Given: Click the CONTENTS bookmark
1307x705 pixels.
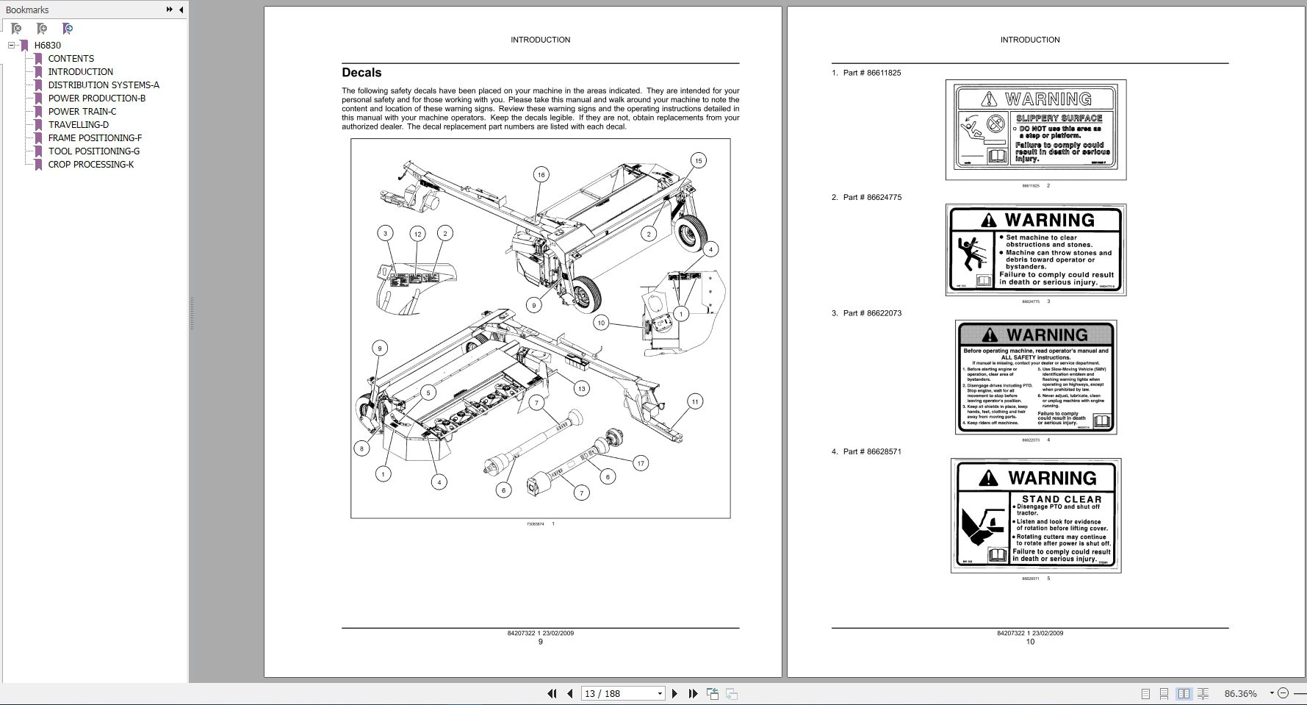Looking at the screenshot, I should [x=71, y=59].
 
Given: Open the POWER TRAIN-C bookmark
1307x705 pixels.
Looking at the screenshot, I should [x=82, y=112].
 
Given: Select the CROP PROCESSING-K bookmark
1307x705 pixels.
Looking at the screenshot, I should [x=90, y=165].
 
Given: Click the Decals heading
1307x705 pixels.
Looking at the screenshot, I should [x=361, y=73].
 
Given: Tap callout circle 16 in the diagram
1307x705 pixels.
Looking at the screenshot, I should [x=541, y=174].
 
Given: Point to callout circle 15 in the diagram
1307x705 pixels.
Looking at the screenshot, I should [x=698, y=160].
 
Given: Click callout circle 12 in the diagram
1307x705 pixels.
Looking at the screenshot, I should [x=417, y=234].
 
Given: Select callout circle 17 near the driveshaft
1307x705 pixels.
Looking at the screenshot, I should [x=641, y=463].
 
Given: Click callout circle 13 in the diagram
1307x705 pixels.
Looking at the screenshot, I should [x=581, y=389].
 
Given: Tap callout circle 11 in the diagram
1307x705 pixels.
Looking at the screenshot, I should [x=694, y=401].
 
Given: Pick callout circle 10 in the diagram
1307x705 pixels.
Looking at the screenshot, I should [x=601, y=323].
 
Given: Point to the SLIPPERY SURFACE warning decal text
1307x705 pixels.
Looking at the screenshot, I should [x=1059, y=118].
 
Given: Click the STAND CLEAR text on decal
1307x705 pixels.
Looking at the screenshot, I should [x=1062, y=499].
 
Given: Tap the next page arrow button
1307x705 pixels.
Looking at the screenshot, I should [x=674, y=693].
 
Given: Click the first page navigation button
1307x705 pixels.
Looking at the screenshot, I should [x=552, y=693].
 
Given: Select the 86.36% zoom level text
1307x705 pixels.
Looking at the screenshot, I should [x=1240, y=693].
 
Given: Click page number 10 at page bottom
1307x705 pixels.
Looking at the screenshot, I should [x=1029, y=642].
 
